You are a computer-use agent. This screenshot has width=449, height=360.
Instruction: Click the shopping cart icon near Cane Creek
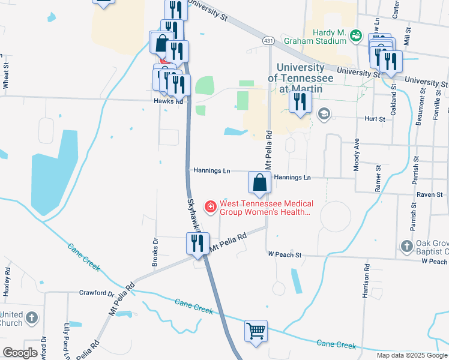256,331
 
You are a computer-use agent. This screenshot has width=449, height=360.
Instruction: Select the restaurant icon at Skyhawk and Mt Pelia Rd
197,244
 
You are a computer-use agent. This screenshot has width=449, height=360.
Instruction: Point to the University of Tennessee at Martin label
300,79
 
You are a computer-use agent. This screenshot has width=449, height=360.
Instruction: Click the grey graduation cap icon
324,114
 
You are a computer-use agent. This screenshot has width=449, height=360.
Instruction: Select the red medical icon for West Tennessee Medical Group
211,208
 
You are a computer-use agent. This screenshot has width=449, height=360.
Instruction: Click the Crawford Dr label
96,293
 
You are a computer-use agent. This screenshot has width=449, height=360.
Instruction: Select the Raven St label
430,195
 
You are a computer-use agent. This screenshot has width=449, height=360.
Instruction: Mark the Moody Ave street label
357,155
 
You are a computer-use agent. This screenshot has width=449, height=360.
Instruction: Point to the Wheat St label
5,76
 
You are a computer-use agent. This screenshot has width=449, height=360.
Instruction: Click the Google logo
20,353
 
